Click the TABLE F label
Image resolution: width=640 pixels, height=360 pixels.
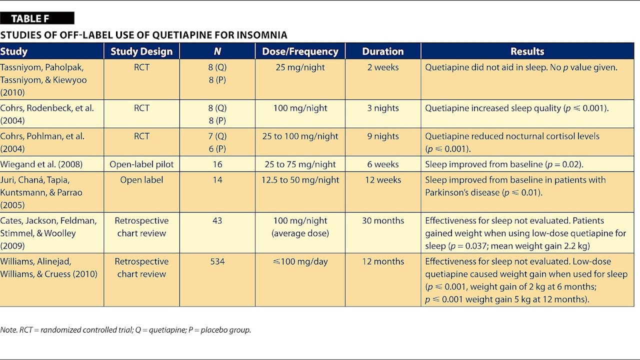coord(30,19)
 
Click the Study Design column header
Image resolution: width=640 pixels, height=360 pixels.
coord(141,51)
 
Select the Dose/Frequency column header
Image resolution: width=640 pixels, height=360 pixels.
coord(300,51)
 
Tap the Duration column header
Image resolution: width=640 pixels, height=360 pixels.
coord(382,51)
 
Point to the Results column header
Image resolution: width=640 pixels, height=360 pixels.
coord(527,51)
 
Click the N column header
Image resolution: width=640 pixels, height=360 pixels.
coord(217,51)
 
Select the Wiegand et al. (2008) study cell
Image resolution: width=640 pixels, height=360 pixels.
coord(41,164)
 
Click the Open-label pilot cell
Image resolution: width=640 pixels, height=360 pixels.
coord(141,164)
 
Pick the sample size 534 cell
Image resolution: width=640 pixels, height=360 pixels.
coord(217,261)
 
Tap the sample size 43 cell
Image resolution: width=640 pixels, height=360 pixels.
coord(217,221)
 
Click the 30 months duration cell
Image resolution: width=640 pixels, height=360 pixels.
coord(382,221)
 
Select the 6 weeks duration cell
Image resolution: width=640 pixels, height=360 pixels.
coord(382,164)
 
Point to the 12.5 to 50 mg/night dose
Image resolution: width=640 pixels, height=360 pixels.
coord(300,180)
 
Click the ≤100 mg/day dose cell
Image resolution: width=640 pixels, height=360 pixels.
coord(300,261)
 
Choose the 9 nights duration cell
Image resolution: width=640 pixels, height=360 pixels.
coord(382,136)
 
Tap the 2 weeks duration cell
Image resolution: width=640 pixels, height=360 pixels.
coord(382,67)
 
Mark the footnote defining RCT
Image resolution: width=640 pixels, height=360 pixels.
coord(125,330)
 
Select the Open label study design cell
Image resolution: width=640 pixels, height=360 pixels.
coord(141,180)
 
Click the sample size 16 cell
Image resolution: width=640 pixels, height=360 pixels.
coord(217,164)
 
